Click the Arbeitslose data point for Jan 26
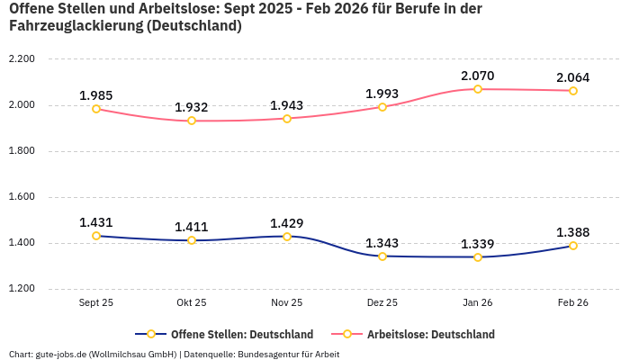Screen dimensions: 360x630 coord(478,89)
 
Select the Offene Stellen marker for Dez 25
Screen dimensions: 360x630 coord(382,256)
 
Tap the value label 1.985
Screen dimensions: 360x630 coord(96,95)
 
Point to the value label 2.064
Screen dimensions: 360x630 coord(573,77)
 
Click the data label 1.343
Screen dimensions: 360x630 coord(382,243)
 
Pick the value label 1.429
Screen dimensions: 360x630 coord(287,223)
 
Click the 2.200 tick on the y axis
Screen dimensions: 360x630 coord(21,59)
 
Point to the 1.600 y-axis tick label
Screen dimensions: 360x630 coord(21,197)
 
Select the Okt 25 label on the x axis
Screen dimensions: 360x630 coord(192,303)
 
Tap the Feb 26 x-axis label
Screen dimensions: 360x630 coord(573,303)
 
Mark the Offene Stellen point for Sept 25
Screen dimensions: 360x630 coord(96,236)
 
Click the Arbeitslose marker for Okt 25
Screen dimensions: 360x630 coord(192,121)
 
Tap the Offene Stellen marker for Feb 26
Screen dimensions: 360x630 coord(573,246)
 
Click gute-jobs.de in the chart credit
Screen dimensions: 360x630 coord(59,354)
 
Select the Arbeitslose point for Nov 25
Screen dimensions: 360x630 coord(287,118)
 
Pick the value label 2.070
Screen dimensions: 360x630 coord(478,76)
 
